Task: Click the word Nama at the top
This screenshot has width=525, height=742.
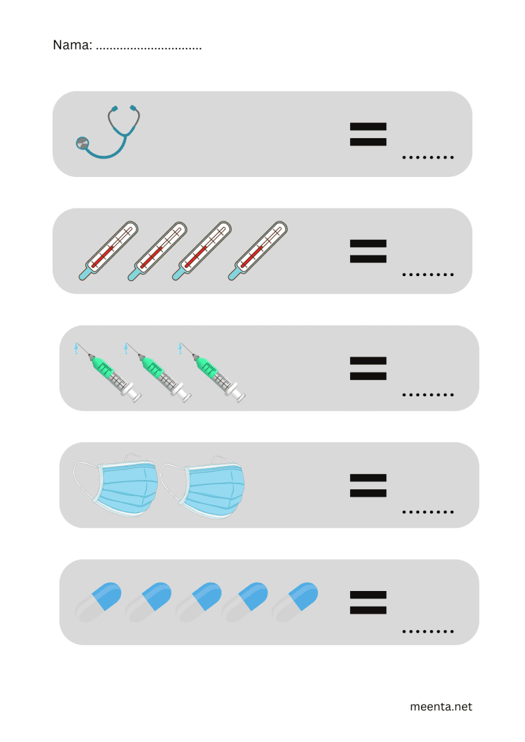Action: point(72,45)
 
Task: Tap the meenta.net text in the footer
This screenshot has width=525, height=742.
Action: point(441,706)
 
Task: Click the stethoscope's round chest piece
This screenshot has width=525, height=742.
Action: point(82,142)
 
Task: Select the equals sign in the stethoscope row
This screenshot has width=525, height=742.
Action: point(368,135)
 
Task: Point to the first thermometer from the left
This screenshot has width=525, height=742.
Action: point(109,251)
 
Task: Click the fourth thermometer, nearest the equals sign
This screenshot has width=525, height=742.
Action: point(258,251)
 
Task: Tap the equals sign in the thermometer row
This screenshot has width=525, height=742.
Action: point(368,251)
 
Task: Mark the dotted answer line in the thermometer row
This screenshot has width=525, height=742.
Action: point(428,275)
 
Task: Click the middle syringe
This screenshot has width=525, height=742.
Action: point(158,373)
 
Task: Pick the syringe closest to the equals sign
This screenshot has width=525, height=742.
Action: point(212,373)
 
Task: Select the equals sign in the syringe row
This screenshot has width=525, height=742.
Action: point(368,368)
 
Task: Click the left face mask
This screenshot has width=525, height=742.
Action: point(116,485)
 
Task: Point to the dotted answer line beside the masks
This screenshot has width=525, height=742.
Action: point(428,512)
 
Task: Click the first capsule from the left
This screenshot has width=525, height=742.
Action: point(98,603)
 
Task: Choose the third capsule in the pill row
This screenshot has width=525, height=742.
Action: point(198,603)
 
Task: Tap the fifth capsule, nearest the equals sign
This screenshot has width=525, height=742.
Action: point(295,603)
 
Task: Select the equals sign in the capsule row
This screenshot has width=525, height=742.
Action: point(368,603)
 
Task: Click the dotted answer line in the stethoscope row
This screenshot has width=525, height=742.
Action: point(428,157)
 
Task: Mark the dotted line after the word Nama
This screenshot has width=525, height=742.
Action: point(148,49)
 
